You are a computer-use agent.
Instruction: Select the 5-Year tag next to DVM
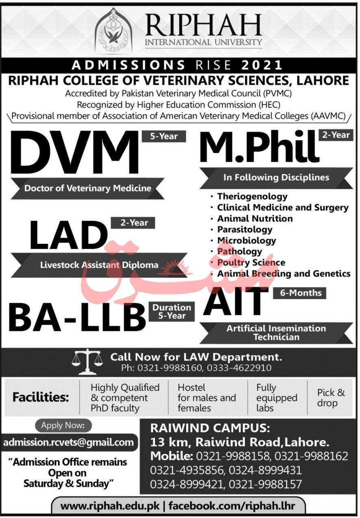click(164, 136)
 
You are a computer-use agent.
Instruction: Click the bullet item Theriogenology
click(252, 197)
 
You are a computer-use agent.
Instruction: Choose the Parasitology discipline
click(244, 229)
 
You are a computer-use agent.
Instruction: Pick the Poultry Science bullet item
click(251, 262)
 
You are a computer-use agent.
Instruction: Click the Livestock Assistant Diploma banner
click(99, 265)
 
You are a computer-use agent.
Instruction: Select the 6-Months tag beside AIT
click(301, 293)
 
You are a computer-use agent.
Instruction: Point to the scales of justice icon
click(87, 362)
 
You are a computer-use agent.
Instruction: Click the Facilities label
click(41, 398)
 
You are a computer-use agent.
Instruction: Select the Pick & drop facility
click(331, 398)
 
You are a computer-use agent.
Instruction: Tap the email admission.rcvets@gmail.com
click(68, 442)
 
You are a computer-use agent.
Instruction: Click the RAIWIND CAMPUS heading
click(209, 428)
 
